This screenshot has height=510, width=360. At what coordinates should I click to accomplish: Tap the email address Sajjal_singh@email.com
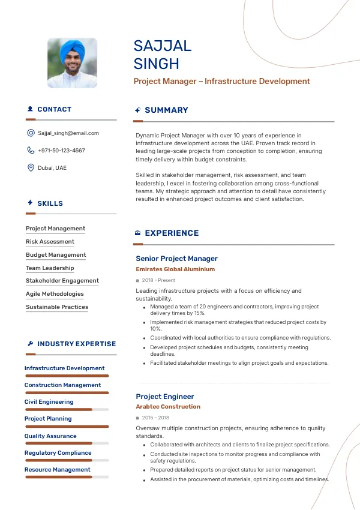click(68, 133)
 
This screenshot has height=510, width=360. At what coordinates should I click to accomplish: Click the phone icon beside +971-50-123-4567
click(31, 151)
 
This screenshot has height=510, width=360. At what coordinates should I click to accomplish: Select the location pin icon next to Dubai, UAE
click(31, 168)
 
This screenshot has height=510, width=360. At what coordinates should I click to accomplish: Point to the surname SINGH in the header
click(156, 64)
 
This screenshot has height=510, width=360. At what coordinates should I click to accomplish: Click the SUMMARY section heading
click(166, 110)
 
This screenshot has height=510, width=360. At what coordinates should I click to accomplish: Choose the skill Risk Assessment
click(50, 242)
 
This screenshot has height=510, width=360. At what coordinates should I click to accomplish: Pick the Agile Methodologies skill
click(55, 294)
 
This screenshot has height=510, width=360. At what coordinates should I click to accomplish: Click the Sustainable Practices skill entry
click(57, 307)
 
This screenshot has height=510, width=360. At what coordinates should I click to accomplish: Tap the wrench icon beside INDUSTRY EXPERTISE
click(31, 344)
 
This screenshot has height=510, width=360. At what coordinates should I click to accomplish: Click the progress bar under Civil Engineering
click(66, 410)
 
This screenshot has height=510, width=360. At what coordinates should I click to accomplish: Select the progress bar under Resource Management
click(66, 478)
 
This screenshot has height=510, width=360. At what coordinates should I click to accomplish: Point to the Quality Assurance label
click(50, 436)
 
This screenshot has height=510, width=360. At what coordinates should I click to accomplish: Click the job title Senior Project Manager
click(176, 259)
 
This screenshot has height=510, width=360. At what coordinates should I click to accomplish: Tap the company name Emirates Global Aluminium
click(175, 269)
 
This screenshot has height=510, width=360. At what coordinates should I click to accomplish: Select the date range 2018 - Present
click(158, 280)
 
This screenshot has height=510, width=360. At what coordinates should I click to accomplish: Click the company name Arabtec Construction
click(168, 407)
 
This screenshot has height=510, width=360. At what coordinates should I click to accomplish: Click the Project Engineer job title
click(165, 397)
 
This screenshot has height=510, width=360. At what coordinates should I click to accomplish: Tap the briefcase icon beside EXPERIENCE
click(138, 233)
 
